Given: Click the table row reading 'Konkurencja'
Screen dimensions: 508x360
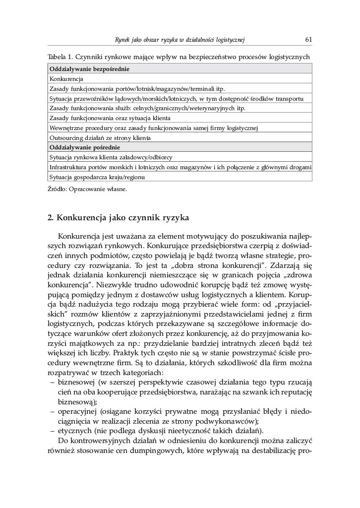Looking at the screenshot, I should click(66, 79).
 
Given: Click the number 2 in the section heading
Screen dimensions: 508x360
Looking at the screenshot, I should click(50, 217).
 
